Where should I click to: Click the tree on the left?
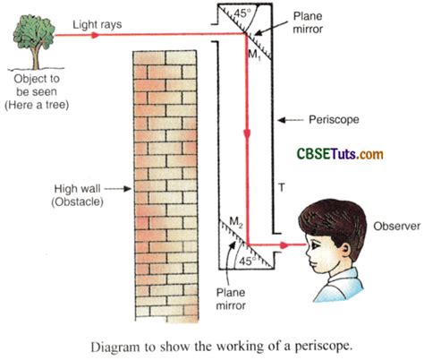[x=33, y=41]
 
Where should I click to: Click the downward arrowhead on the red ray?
[x=246, y=132]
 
